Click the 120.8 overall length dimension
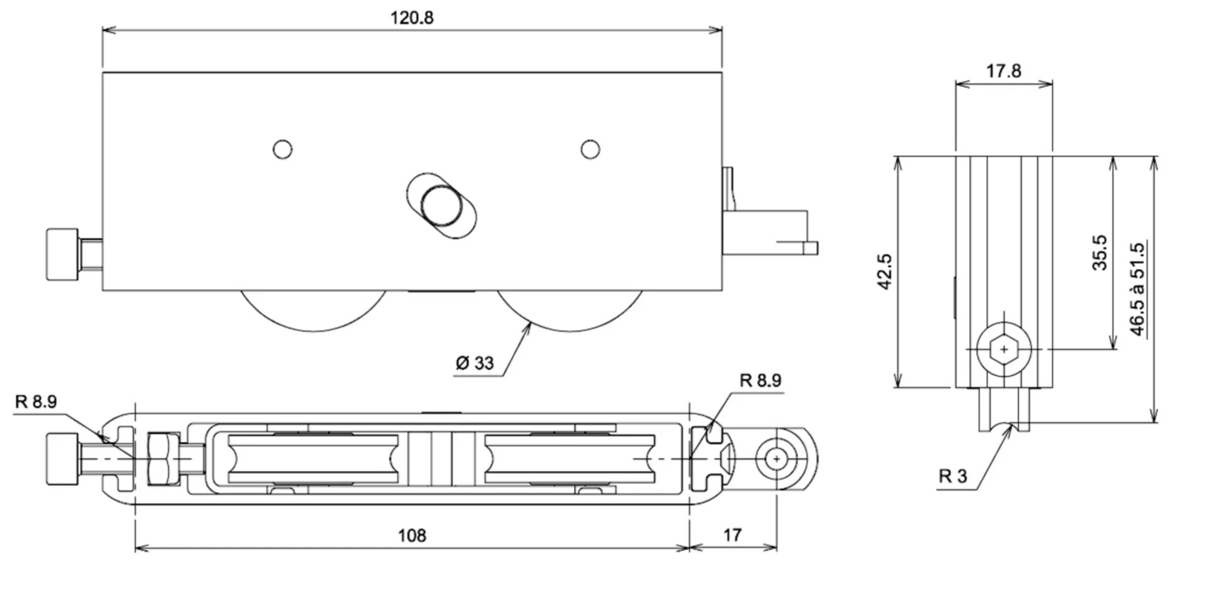[412, 18]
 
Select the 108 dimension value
[412, 536]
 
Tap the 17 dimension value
[732, 535]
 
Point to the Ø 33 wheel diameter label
[475, 363]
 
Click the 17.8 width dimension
[1003, 71]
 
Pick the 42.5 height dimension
[885, 272]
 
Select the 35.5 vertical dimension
[1100, 253]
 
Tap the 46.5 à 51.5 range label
[1138, 289]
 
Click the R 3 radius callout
[952, 476]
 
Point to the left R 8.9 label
[36, 402]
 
